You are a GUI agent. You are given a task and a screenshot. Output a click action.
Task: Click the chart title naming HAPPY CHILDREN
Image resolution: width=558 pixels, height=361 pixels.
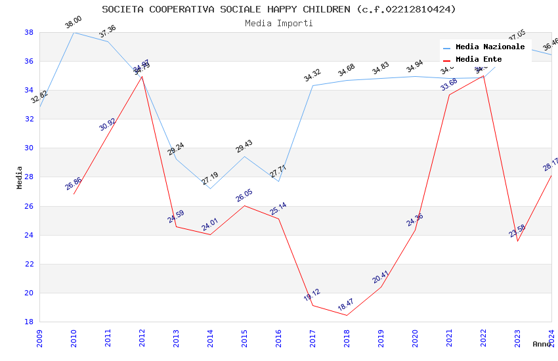(x=279, y=9)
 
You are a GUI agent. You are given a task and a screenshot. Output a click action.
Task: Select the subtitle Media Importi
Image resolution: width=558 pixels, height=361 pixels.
(x=279, y=23)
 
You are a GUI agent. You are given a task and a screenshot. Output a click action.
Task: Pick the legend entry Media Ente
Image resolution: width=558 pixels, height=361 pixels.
(x=479, y=59)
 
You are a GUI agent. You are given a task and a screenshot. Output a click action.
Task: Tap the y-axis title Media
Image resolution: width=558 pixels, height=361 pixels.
(x=20, y=177)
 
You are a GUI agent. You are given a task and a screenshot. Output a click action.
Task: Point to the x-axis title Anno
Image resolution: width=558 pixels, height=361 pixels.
(x=542, y=344)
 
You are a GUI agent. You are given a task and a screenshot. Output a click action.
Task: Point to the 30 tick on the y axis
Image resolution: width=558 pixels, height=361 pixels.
(x=29, y=148)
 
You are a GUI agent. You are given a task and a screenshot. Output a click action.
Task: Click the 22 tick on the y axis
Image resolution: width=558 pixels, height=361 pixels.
(x=29, y=264)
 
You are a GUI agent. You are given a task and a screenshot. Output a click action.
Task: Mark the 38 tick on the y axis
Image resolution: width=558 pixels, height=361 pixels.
(x=29, y=32)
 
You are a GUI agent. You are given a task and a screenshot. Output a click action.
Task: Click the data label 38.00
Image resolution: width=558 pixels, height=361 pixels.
(x=73, y=23)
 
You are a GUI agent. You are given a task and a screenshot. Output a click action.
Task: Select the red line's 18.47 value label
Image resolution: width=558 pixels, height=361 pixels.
(x=346, y=305)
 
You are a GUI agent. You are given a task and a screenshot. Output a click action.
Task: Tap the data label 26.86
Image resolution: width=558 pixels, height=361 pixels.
(x=74, y=184)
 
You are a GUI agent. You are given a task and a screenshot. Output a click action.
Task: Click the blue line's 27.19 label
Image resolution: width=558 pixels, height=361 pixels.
(x=209, y=179)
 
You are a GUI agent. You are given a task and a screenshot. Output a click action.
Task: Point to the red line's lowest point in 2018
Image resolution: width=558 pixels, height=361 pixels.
(x=347, y=315)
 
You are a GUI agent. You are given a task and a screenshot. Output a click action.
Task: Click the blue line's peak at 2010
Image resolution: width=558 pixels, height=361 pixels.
(x=74, y=32)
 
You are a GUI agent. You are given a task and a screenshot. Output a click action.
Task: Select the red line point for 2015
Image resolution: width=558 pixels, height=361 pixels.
(x=244, y=205)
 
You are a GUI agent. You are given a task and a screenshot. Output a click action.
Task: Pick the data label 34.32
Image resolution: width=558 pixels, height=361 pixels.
(x=312, y=75)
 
